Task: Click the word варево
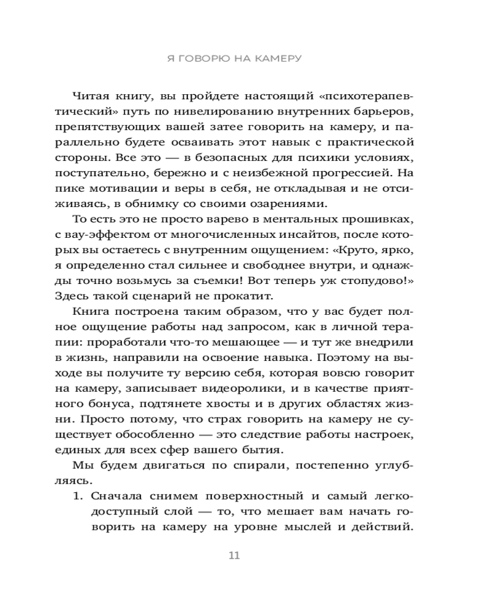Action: point(226,220)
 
